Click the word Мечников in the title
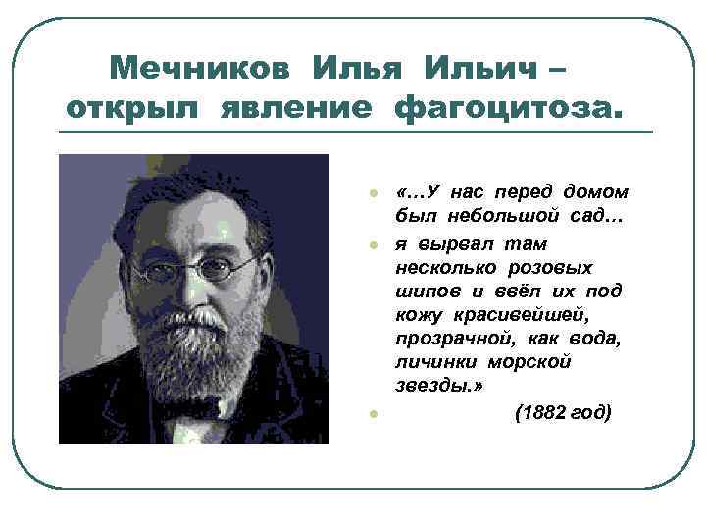pos(202,70)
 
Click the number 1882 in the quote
pos(545,413)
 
